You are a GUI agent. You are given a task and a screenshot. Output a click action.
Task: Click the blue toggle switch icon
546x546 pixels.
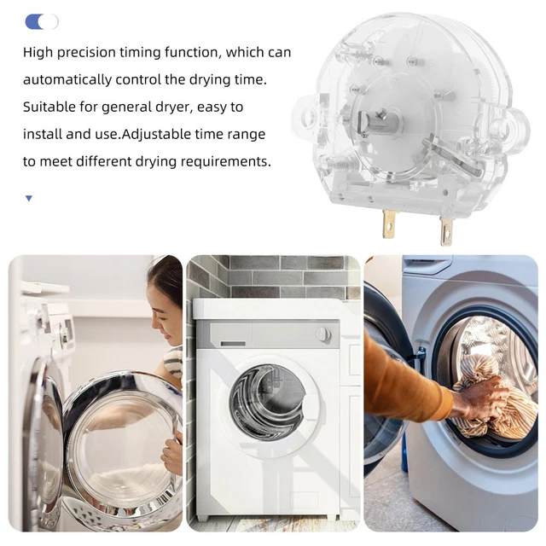[x=41, y=21]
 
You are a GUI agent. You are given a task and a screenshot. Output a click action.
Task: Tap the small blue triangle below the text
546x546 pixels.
[x=28, y=199]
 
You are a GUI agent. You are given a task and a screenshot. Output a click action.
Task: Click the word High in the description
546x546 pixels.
[x=38, y=53]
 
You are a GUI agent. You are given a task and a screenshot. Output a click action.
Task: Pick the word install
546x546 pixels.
[x=42, y=135]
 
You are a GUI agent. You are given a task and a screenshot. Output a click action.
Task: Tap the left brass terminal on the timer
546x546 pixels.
[x=389, y=224]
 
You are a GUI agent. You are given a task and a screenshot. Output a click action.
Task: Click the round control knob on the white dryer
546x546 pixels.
[x=324, y=334]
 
